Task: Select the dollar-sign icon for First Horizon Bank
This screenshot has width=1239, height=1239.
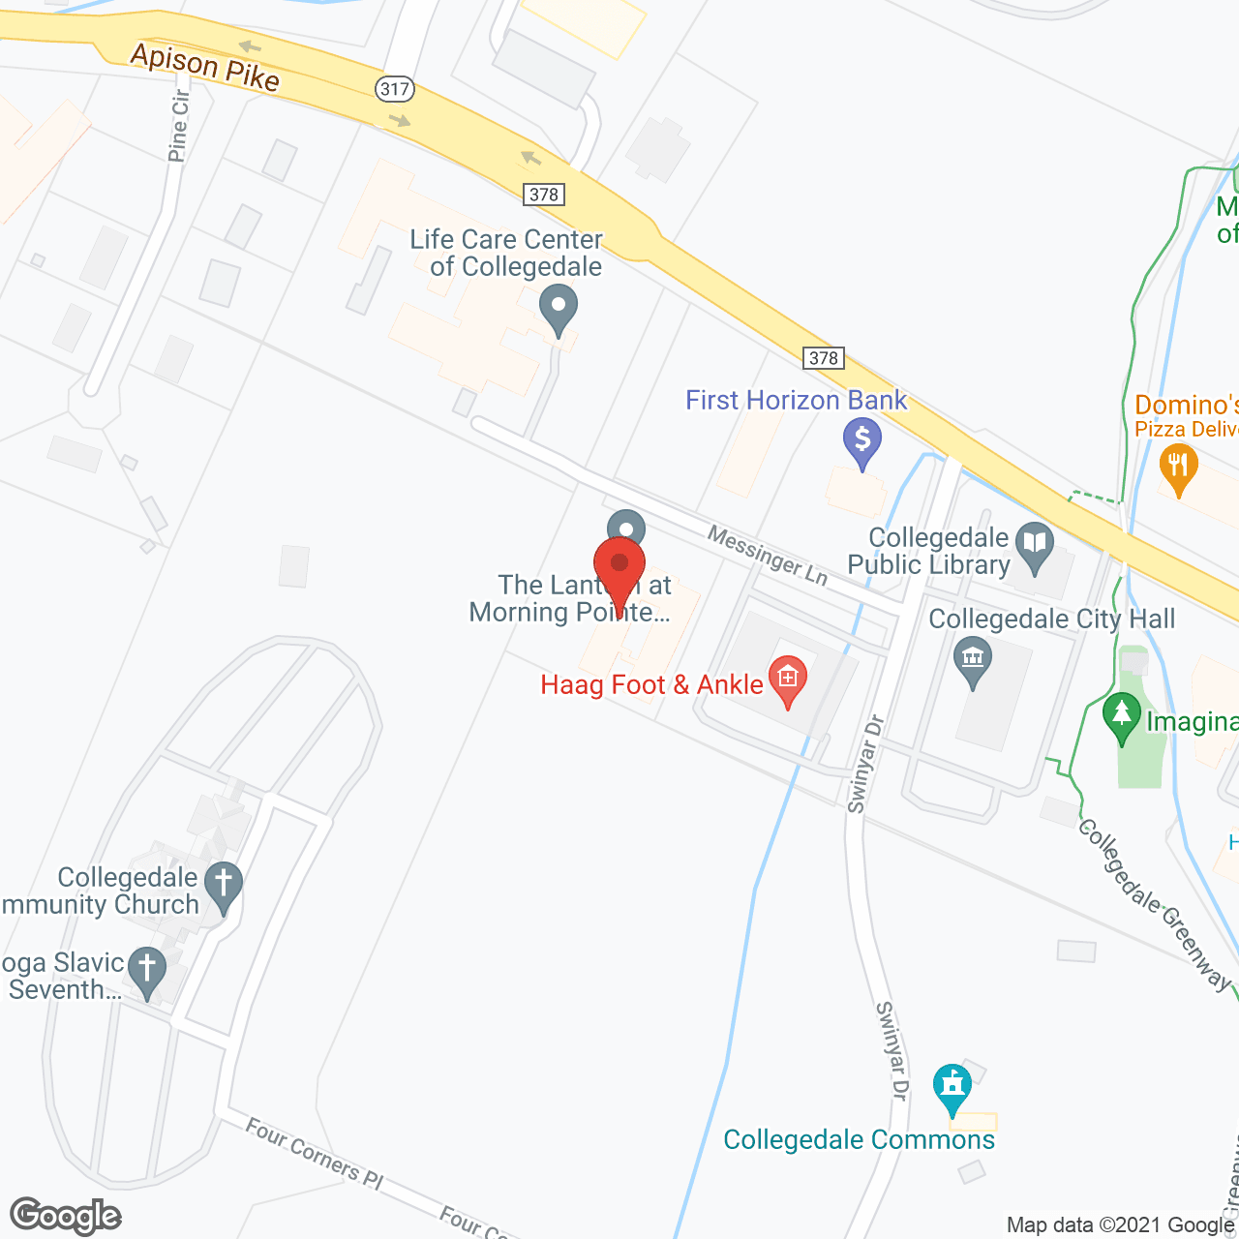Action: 861,440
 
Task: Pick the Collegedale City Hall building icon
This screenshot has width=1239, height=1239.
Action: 973,661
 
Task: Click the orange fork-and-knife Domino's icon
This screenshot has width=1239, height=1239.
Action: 1178,468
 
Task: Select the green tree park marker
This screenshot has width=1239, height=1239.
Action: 1122,717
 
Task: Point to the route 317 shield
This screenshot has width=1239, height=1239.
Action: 395,89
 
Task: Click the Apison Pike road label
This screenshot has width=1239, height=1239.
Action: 205,67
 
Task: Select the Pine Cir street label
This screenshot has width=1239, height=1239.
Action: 178,126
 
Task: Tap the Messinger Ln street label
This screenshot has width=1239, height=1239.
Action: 768,556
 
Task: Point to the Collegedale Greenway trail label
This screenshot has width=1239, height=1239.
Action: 1155,904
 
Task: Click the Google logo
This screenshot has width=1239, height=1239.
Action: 66,1216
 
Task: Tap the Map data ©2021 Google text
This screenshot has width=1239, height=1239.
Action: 1120,1224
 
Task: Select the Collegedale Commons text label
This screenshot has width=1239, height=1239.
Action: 859,1139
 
